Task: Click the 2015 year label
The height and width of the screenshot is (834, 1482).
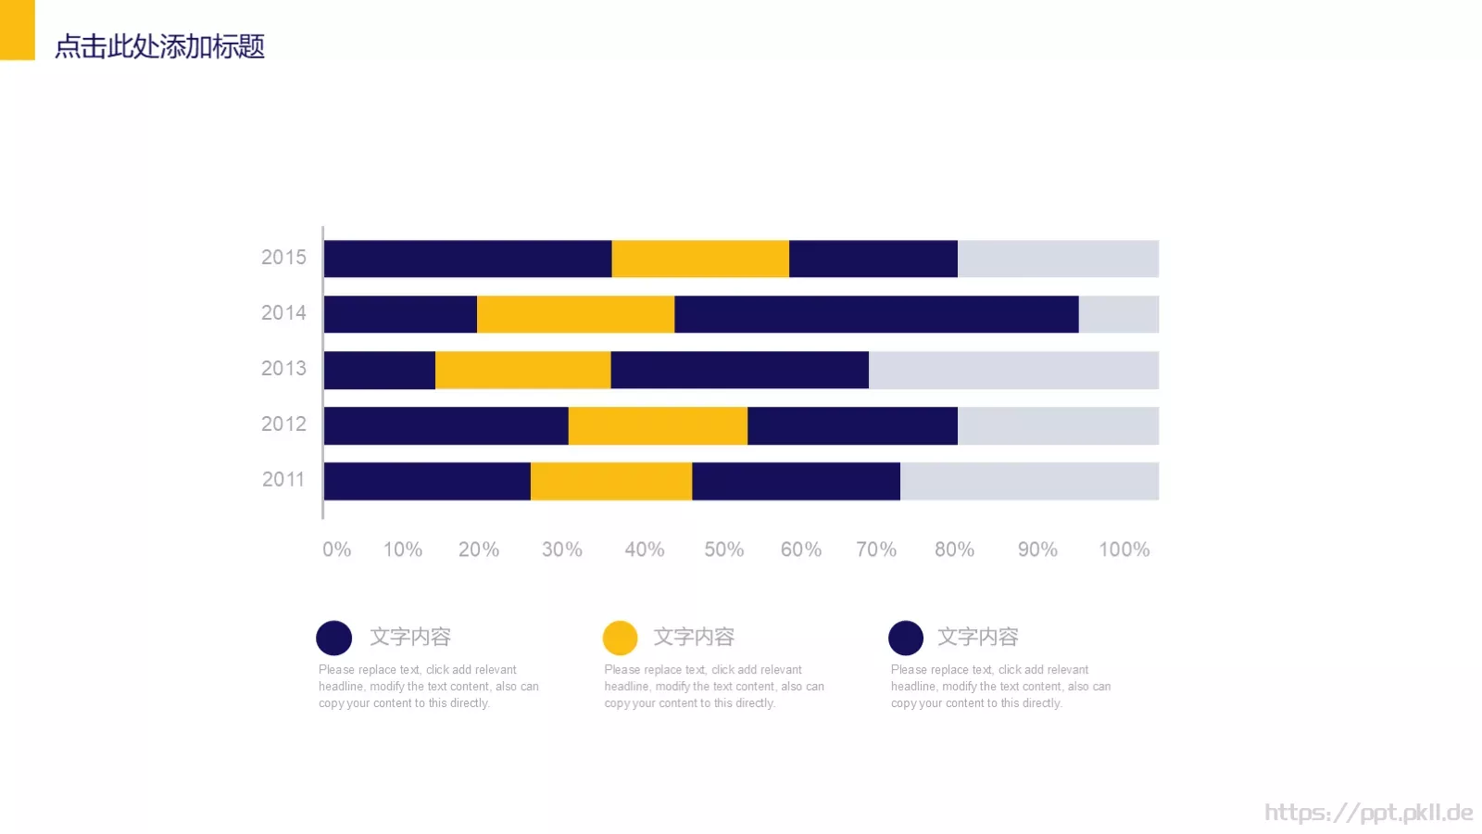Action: (x=283, y=258)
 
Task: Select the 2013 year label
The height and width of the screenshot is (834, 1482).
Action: (x=283, y=369)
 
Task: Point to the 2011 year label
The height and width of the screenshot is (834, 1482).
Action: (x=283, y=480)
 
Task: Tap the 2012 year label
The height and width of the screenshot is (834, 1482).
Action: (x=283, y=424)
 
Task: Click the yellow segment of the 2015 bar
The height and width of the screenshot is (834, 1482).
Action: (x=700, y=259)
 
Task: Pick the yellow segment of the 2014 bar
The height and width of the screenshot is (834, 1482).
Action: (x=575, y=314)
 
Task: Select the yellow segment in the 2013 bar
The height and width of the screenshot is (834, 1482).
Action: (x=522, y=370)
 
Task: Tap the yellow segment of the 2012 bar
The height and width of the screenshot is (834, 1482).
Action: (x=658, y=425)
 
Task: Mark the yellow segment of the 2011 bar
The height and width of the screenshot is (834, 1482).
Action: (x=611, y=481)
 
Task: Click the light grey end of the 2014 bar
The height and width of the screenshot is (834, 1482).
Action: (x=1118, y=314)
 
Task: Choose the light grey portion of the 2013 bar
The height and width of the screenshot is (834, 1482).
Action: (x=1013, y=370)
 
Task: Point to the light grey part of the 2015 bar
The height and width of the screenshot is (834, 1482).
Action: (x=1058, y=259)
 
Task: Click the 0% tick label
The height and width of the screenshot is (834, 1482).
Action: (x=337, y=550)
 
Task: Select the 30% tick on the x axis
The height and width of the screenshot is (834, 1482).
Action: (x=562, y=550)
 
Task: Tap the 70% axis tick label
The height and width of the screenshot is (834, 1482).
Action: (x=876, y=550)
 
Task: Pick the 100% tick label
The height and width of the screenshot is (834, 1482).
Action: (x=1124, y=550)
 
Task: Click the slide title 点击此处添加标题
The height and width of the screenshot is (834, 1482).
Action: (x=159, y=46)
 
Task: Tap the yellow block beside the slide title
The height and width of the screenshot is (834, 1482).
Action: (x=17, y=30)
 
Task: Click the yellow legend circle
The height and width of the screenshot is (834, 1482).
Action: (x=620, y=638)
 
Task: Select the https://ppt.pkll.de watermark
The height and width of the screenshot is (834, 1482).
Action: (x=1368, y=813)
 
